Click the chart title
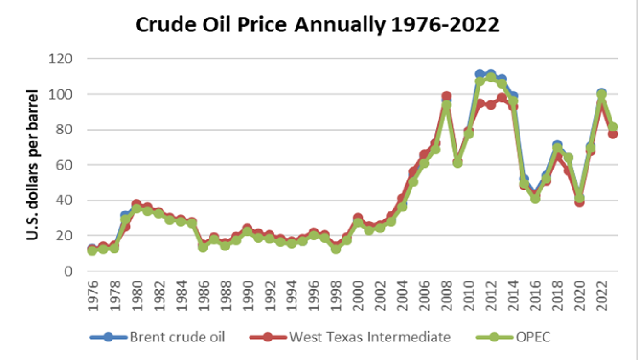pyautogui.click(x=317, y=25)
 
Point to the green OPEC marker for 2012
pyautogui.click(x=491, y=78)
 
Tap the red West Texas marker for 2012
pyautogui.click(x=491, y=105)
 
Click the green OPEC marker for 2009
pyautogui.click(x=457, y=163)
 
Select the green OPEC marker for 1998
pyautogui.click(x=336, y=249)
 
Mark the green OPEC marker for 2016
pyautogui.click(x=535, y=198)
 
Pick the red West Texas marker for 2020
pyautogui.click(x=580, y=202)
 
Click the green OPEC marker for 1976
pyautogui.click(x=92, y=251)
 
